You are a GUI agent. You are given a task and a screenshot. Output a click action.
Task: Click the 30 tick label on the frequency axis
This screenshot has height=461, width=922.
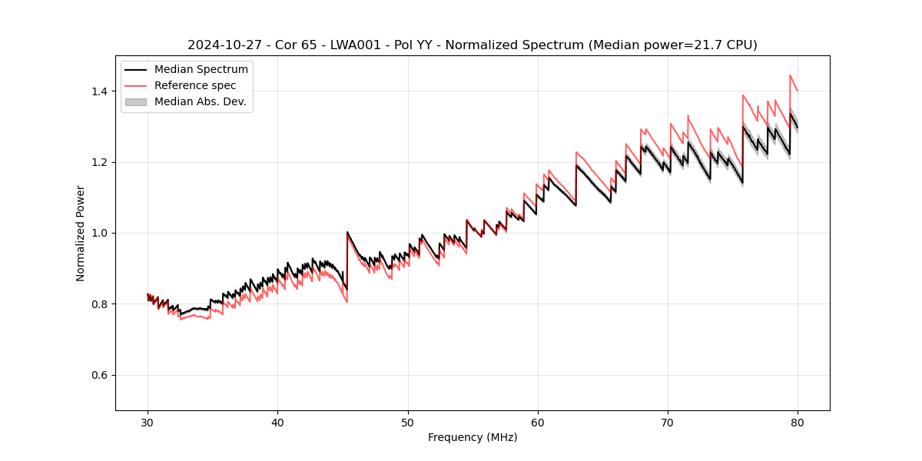point(148,422)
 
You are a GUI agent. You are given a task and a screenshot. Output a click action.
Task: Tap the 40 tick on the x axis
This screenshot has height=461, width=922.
point(277,422)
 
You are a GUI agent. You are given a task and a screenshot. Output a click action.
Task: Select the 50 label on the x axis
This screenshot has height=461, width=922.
point(407,422)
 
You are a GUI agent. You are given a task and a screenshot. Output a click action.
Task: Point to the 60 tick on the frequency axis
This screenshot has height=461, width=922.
point(538,422)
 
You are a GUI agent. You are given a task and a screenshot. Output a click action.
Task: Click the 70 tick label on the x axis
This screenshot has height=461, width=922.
point(668,422)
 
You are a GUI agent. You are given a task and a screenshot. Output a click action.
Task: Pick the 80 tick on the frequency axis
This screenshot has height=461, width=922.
point(798,422)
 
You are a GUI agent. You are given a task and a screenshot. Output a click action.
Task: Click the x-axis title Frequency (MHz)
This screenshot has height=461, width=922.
point(473,437)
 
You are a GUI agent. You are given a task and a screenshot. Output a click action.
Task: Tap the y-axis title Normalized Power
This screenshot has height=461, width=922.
point(81,233)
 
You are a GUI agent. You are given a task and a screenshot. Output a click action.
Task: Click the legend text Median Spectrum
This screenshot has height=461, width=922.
point(201,70)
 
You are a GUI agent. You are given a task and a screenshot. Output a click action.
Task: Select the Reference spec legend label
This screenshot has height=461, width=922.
point(195,85)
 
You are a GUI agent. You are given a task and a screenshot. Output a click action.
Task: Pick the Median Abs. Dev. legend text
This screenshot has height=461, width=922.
point(200,101)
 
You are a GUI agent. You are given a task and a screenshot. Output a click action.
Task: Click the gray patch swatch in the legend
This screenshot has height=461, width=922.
point(136,101)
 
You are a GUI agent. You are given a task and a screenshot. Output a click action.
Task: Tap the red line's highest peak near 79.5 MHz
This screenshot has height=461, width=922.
point(790,75)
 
